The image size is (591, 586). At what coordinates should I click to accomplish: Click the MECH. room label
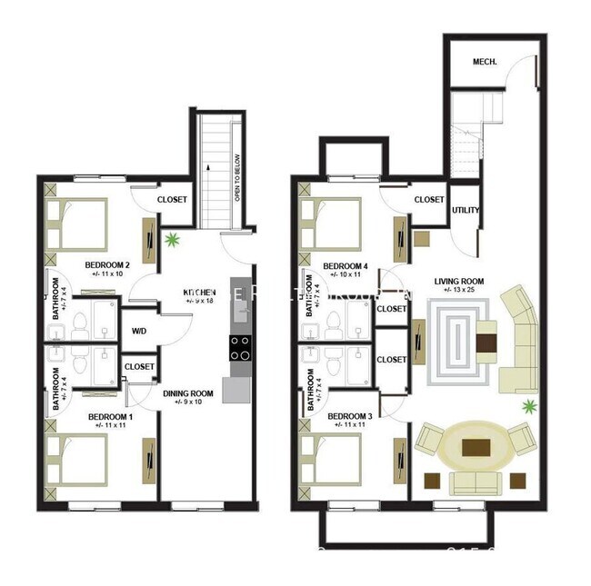click(483, 63)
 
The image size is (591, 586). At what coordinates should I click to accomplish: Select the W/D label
click(140, 332)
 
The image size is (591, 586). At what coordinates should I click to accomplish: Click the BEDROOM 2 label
click(109, 266)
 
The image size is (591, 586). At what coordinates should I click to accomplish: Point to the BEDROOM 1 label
click(110, 418)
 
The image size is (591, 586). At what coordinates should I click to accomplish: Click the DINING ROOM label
click(188, 394)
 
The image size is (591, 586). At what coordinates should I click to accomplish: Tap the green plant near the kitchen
click(172, 241)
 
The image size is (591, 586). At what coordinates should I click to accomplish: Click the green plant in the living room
click(526, 406)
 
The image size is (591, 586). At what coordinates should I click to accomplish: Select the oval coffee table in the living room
click(477, 447)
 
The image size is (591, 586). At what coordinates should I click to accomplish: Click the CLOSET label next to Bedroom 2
click(173, 201)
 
